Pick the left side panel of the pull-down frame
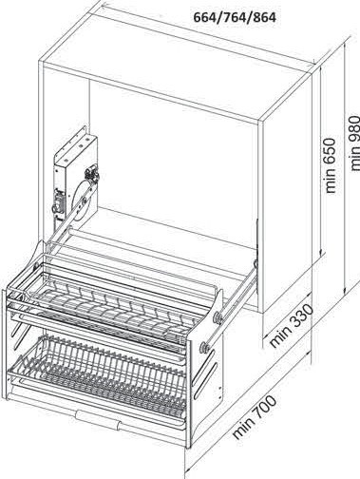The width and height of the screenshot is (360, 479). pos(19,342)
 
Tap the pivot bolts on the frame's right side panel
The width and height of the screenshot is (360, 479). pos(218,318)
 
